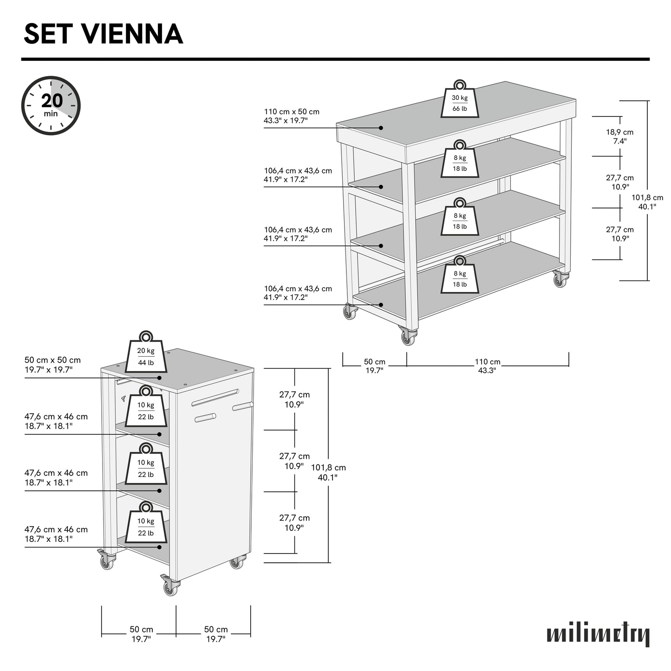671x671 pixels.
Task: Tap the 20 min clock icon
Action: click(x=51, y=105)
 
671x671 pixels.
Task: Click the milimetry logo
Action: click(x=598, y=634)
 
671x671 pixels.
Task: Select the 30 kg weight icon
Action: click(x=460, y=102)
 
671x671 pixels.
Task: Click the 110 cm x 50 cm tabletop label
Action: click(x=292, y=116)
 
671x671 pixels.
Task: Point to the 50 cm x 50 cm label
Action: click(x=52, y=365)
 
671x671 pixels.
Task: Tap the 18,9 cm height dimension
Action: click(x=619, y=136)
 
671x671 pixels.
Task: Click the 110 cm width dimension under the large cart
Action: click(x=488, y=365)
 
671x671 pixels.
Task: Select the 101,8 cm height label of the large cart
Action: click(x=647, y=202)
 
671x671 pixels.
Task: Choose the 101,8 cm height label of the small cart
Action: click(x=328, y=472)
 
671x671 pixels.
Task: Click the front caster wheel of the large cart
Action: click(x=408, y=337)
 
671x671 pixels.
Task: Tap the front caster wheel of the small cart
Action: click(x=170, y=587)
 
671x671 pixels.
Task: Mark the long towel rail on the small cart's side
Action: click(x=215, y=397)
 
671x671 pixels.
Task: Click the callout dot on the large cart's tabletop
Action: click(x=381, y=128)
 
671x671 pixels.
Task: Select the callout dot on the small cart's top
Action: click(x=159, y=378)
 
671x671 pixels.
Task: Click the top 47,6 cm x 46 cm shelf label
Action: click(x=56, y=421)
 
